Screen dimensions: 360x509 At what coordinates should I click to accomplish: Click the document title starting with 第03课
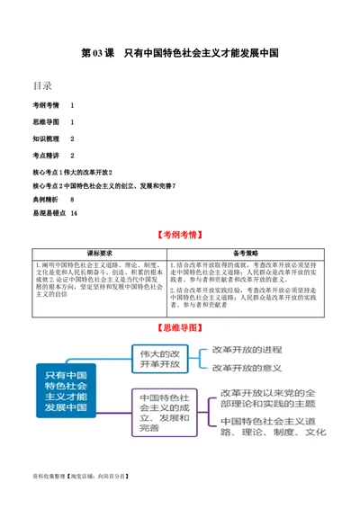pos(179,53)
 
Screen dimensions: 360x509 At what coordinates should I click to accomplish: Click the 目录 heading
pos(42,86)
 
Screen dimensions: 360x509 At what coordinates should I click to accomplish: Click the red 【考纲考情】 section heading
pos(180,235)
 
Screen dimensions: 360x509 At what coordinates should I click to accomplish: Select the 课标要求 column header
pos(99,253)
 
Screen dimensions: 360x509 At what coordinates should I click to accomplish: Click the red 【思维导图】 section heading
pos(180,326)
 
